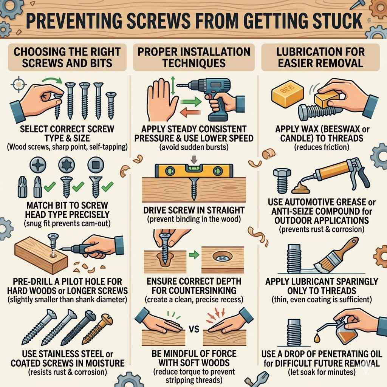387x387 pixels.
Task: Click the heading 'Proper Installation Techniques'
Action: click(193, 57)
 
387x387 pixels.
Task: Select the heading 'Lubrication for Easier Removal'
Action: click(320, 57)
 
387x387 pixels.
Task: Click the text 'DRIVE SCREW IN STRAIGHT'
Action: click(194, 210)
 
